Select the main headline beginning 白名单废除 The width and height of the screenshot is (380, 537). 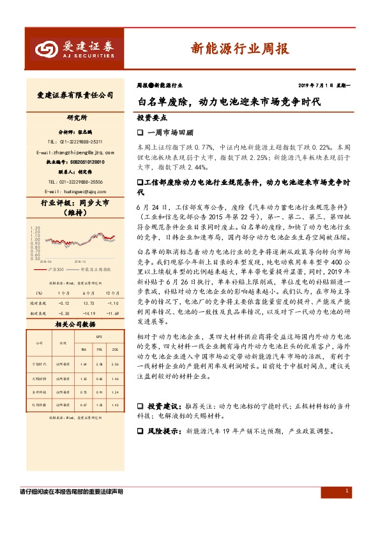pyautogui.click(x=229, y=101)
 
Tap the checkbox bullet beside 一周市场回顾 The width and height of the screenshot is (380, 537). pyautogui.click(x=141, y=132)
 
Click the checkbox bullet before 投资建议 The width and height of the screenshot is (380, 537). pyautogui.click(x=141, y=406)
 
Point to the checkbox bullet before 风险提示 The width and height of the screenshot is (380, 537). pyautogui.click(x=141, y=431)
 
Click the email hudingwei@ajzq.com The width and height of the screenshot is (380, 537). pyautogui.click(x=75, y=191)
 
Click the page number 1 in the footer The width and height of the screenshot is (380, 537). pyautogui.click(x=346, y=491)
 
